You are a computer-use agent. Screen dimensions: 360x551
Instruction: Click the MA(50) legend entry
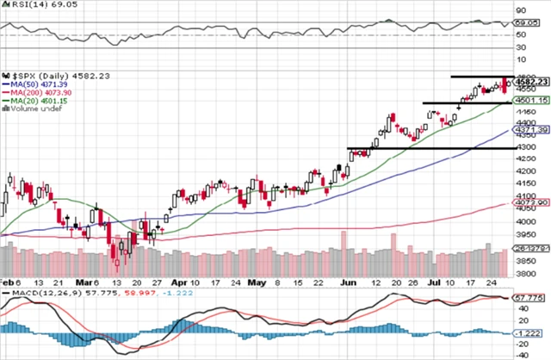(x=35, y=84)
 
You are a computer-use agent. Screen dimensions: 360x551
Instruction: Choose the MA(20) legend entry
(x=35, y=101)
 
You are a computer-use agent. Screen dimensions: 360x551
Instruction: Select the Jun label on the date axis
(x=346, y=281)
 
